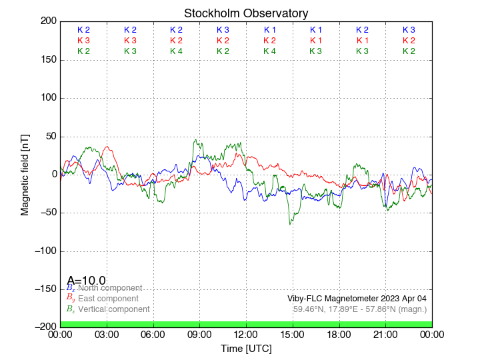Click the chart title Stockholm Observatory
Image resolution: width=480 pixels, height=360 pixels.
[246, 13]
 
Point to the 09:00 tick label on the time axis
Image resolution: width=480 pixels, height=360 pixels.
[200, 334]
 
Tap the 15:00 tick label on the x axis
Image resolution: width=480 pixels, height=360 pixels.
[293, 334]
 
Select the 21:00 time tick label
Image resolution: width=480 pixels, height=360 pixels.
[385, 334]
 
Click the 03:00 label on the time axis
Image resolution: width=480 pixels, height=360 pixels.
[107, 334]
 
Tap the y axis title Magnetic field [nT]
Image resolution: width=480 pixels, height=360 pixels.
[25, 174]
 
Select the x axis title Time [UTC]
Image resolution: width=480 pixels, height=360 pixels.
[246, 349]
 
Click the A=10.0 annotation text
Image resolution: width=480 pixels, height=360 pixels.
[86, 281]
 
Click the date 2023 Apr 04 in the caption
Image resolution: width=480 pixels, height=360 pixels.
[399, 299]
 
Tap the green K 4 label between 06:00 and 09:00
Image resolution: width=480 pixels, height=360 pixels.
[176, 51]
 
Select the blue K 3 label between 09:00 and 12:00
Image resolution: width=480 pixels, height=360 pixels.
[223, 30]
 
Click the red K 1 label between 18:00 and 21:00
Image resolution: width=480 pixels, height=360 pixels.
[362, 41]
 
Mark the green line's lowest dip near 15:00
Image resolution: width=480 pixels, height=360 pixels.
[290, 223]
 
